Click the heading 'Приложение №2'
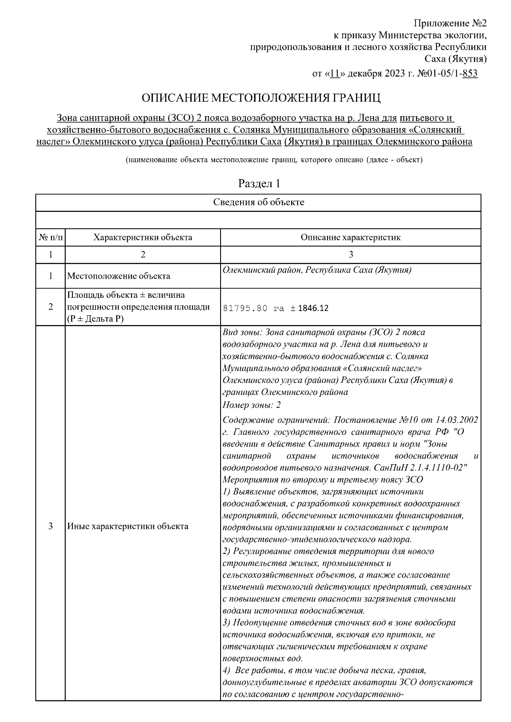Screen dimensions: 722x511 click(x=451, y=23)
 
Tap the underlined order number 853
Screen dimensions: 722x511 click(x=470, y=74)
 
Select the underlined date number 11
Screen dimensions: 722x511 click(x=334, y=74)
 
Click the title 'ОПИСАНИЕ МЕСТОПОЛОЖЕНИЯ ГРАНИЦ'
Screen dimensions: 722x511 click(x=261, y=98)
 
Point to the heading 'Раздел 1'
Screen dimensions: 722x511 click(x=259, y=184)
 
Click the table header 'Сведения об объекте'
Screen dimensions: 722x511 click(x=258, y=202)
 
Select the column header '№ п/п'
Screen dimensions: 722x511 click(x=50, y=237)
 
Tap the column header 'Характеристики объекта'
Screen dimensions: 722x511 click(x=143, y=237)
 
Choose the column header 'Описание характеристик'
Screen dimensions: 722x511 click(x=350, y=237)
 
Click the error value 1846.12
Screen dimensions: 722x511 click(x=313, y=308)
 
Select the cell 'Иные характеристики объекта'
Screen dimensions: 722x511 click(x=128, y=526)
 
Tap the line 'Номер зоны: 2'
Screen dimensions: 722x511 click(x=251, y=405)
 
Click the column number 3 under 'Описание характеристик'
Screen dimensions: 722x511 click(x=350, y=254)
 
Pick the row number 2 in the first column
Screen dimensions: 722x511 click(x=50, y=307)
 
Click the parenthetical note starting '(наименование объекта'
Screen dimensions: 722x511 click(x=274, y=160)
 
